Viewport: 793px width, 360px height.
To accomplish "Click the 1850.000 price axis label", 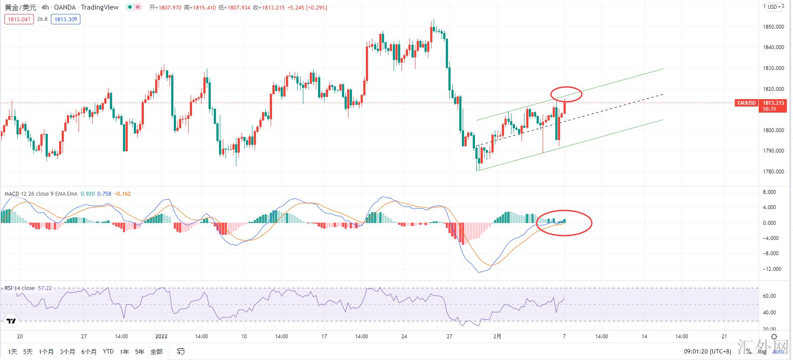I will click(773, 27).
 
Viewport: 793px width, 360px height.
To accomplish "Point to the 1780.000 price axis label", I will click(773, 172).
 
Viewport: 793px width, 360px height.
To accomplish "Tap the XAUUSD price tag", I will click(746, 103).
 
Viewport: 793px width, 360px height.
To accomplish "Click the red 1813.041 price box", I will click(19, 19).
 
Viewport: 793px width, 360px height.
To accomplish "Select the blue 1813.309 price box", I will click(66, 19).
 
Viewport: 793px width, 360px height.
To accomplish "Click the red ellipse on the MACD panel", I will click(564, 223).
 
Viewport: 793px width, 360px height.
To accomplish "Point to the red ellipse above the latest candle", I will click(566, 94).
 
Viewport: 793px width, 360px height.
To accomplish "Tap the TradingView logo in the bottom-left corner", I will click(11, 321).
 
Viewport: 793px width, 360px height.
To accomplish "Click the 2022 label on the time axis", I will click(161, 337).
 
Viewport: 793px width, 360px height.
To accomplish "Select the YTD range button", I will click(108, 352).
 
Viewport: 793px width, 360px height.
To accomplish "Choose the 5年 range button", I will click(139, 352).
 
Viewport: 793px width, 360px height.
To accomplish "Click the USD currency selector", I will click(774, 7).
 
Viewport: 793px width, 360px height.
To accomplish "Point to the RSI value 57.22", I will click(45, 288).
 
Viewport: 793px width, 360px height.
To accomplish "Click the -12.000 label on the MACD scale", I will click(772, 269).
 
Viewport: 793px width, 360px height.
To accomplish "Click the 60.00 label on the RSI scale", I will click(770, 296).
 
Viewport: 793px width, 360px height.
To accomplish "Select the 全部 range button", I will click(156, 352).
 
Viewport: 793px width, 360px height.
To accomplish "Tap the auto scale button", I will click(778, 352).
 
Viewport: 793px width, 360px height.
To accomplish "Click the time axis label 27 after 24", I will click(449, 337).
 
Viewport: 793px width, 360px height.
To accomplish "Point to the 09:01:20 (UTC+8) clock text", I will click(707, 352).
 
